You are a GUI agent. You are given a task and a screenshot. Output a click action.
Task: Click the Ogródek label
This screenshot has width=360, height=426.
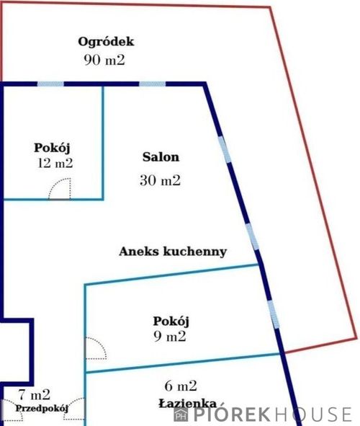tap(106, 42)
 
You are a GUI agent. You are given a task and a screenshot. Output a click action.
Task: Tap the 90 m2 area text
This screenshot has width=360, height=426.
tap(104, 60)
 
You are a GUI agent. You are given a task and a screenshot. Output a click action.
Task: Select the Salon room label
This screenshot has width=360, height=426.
tap(161, 157)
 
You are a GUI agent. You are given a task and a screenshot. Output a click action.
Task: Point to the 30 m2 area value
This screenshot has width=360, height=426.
tap(160, 180)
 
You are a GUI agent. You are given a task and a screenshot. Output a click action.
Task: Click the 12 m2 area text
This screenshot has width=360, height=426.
tap(55, 164)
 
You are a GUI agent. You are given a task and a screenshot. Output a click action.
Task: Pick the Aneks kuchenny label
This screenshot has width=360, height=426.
tap(173, 252)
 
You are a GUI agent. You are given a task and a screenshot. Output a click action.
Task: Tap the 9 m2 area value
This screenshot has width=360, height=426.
tap(170, 337)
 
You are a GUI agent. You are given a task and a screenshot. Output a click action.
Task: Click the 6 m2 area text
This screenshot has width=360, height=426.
tap(181, 386)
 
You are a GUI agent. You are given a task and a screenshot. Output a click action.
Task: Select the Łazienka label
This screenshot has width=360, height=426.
tap(188, 404)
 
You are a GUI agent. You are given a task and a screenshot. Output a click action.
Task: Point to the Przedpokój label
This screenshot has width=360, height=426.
tap(42, 409)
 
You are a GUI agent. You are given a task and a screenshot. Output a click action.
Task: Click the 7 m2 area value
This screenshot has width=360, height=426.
tap(35, 395)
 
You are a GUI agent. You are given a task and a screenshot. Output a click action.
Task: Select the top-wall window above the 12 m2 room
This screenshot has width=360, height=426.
tap(50, 84)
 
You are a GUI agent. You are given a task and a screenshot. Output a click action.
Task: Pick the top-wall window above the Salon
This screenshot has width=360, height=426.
tap(153, 84)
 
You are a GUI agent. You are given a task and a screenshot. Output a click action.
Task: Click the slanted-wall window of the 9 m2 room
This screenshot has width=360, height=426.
tap(273, 314)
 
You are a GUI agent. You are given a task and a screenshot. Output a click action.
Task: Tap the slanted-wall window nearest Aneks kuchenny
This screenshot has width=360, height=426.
tap(252, 236)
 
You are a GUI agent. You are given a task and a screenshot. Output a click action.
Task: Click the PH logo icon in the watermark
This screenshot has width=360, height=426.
tap(181, 414)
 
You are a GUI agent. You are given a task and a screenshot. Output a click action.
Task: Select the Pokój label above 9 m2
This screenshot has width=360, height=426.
tap(171, 321)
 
